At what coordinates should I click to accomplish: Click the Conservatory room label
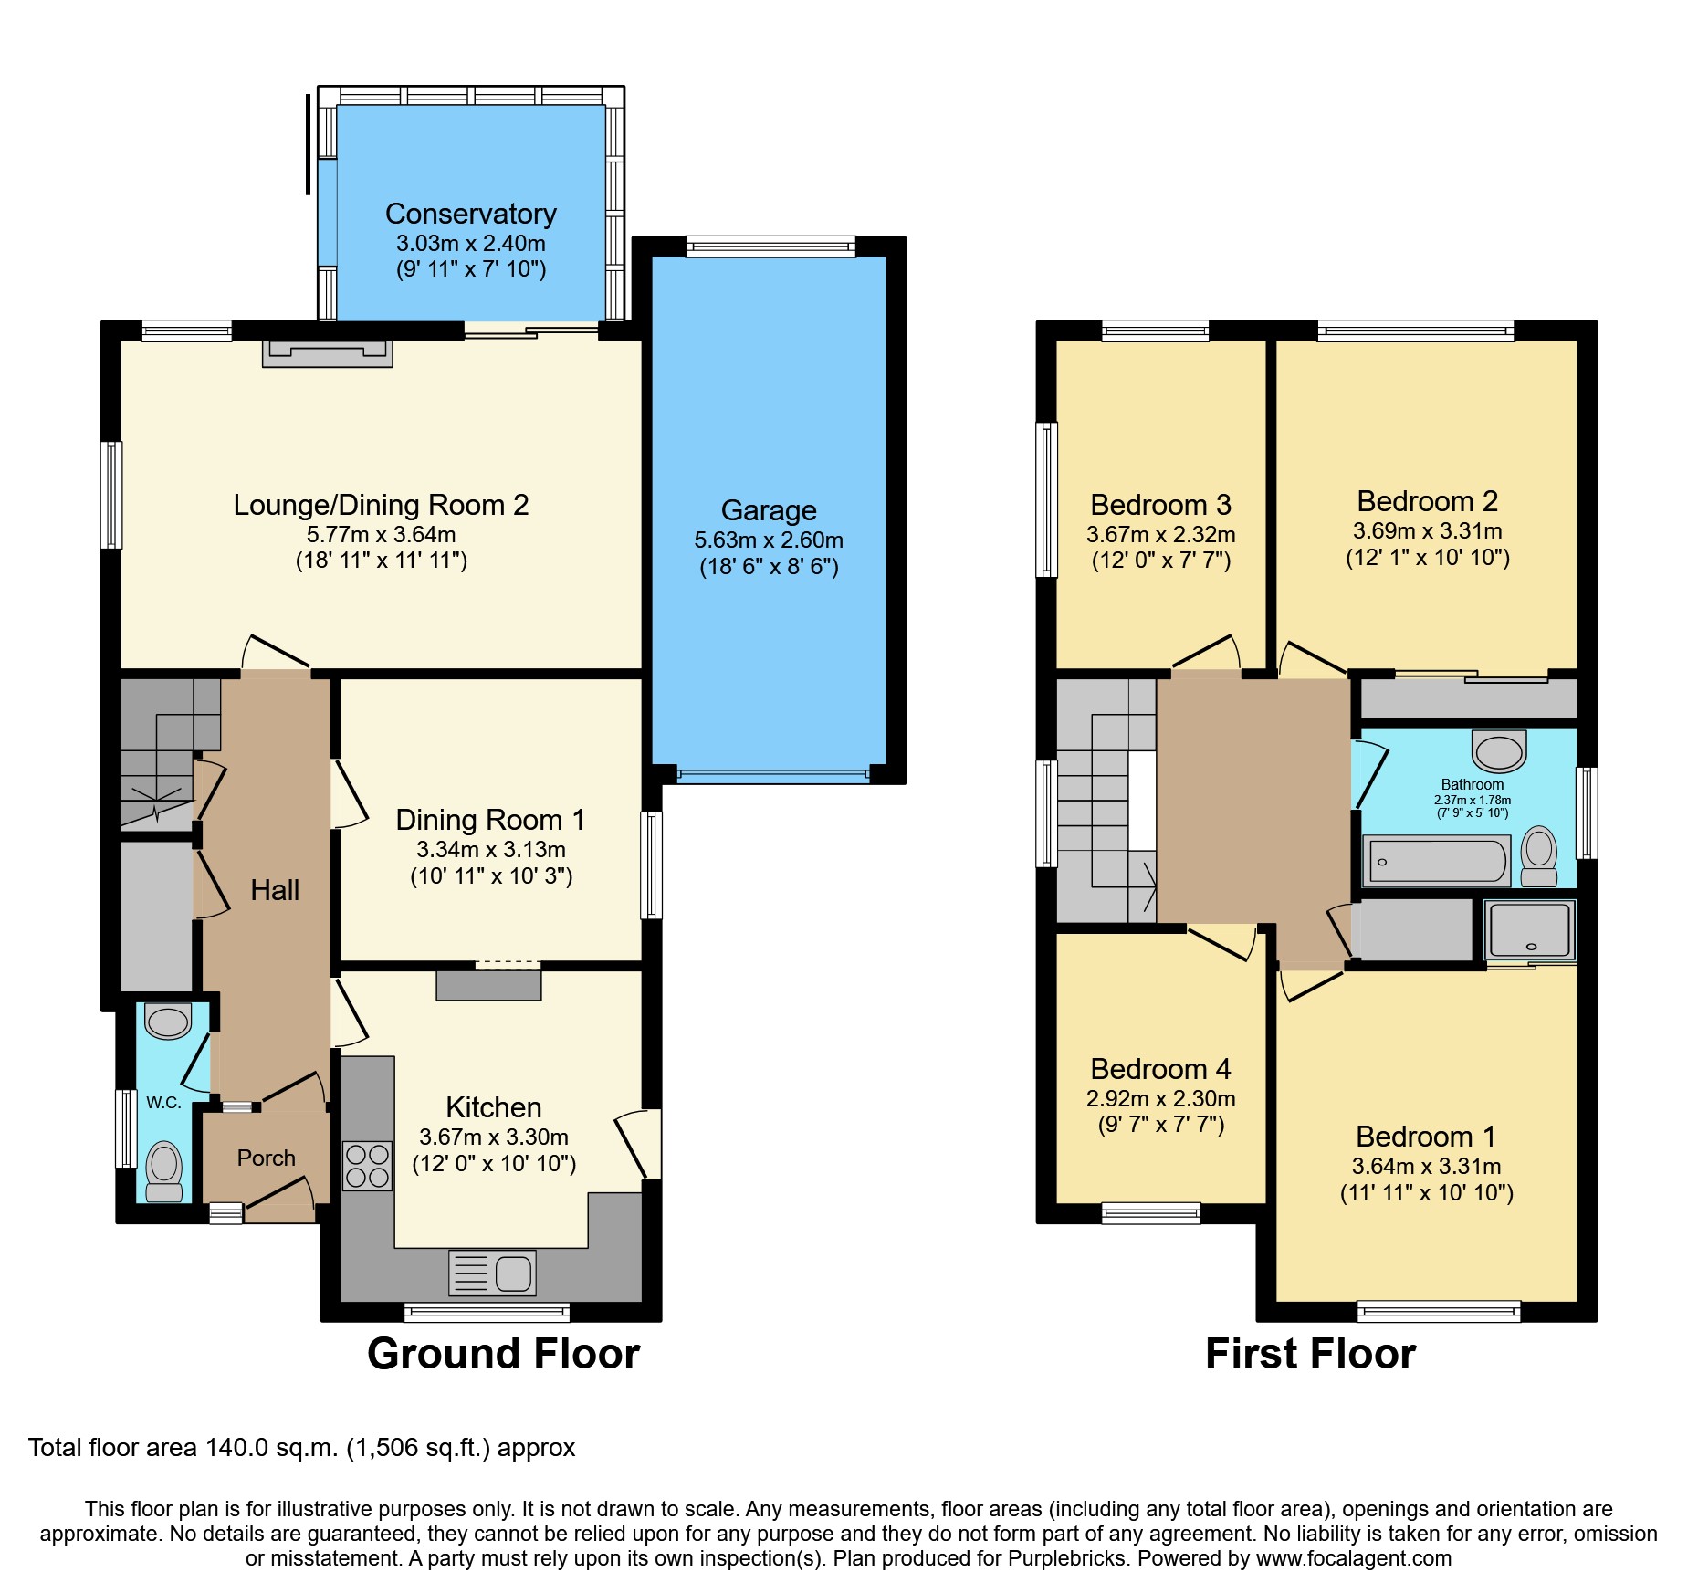[x=470, y=214]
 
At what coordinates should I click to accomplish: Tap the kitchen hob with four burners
[x=367, y=1166]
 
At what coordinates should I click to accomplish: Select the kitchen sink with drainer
[x=492, y=1273]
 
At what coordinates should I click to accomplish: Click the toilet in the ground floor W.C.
[x=164, y=1171]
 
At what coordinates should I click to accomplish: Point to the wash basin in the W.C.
[x=168, y=1021]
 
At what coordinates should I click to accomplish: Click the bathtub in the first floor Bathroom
[x=1437, y=862]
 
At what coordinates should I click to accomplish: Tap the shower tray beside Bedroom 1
[x=1530, y=929]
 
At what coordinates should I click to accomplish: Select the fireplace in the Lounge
[x=327, y=353]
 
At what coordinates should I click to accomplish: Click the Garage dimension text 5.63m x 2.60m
[x=769, y=540]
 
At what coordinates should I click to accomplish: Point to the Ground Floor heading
[x=503, y=1353]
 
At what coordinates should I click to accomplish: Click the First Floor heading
[x=1310, y=1353]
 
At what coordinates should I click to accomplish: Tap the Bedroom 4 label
[x=1160, y=1069]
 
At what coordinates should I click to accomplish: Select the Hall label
[x=275, y=890]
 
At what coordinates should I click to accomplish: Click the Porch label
[x=266, y=1158]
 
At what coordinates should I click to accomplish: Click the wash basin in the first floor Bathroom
[x=1499, y=751]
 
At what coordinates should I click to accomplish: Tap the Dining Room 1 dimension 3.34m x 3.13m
[x=491, y=850]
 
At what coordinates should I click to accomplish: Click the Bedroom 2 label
[x=1427, y=501]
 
